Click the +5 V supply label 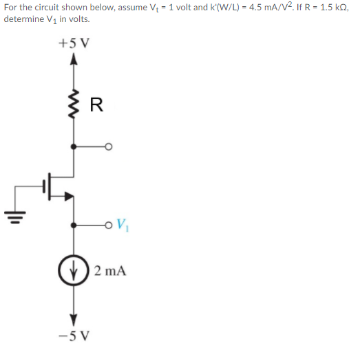pyautogui.click(x=73, y=43)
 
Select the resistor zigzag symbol pyautogui.click(x=74, y=105)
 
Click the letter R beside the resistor pyautogui.click(x=96, y=105)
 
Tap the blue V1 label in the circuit pyautogui.click(x=123, y=223)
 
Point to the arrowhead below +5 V pyautogui.click(x=74, y=61)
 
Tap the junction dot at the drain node pyautogui.click(x=74, y=146)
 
